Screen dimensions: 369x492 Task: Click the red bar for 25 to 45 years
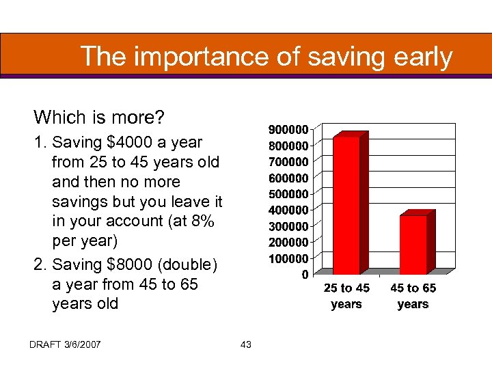(346, 205)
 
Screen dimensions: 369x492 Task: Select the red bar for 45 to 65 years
(413, 244)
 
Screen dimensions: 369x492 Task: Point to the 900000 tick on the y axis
(288, 129)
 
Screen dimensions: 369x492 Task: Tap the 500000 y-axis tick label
(288, 194)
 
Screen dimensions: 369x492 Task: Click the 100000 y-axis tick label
(288, 258)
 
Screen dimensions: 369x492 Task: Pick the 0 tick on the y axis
(303, 275)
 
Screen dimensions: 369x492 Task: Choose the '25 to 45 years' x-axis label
(346, 296)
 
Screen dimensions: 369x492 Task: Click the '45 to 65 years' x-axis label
(413, 296)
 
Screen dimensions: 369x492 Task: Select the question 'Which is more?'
(99, 118)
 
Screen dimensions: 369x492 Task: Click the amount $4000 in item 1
(133, 143)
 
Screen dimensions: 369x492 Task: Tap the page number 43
(246, 344)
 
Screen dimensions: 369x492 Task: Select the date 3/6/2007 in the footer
(81, 344)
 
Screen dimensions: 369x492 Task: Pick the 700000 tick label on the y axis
(288, 161)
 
